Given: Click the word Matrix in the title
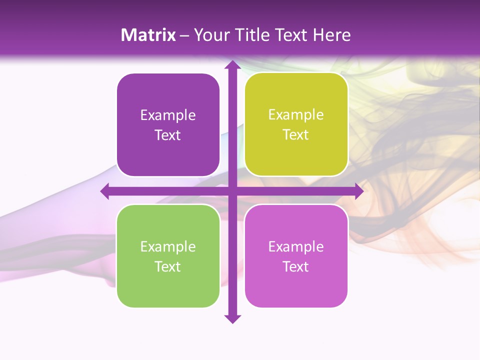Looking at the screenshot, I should point(148,35).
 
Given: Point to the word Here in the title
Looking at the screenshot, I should point(332,35).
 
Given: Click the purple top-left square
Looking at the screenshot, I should point(168,125).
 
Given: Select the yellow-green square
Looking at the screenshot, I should point(296,124).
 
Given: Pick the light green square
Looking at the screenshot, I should point(168,256).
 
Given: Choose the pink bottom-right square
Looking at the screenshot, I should point(296,256).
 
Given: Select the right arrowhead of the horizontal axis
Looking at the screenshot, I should point(359,191).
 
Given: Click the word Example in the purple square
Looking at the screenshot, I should point(168,115).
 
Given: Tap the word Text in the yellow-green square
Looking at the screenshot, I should point(296,135).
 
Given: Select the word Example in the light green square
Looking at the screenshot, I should point(168,246).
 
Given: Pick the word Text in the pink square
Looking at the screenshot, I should point(296,266).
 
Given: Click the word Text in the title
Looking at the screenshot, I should point(291,35).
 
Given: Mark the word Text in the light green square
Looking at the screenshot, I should point(168,266).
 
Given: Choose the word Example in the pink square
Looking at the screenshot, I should point(296,246).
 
